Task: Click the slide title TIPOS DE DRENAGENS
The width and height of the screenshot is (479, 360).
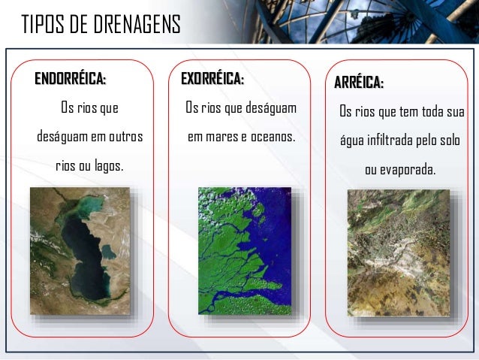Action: tap(101, 25)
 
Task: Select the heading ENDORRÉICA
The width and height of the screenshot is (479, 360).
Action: tap(71, 78)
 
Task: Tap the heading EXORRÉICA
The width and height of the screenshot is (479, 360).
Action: tap(212, 78)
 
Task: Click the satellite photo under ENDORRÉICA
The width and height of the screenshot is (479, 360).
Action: tap(79, 250)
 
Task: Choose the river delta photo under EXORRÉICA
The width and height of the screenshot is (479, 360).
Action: tap(244, 250)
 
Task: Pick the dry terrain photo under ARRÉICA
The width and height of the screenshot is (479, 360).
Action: tap(399, 252)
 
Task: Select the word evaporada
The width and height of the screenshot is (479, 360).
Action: tap(408, 170)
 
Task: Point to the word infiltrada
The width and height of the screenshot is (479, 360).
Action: tap(396, 141)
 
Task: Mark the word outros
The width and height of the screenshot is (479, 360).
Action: tap(126, 138)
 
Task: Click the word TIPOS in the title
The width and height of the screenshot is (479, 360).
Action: tap(42, 25)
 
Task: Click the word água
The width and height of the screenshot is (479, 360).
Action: tap(352, 142)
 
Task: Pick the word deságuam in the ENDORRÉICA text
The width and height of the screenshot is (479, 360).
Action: tap(62, 138)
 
